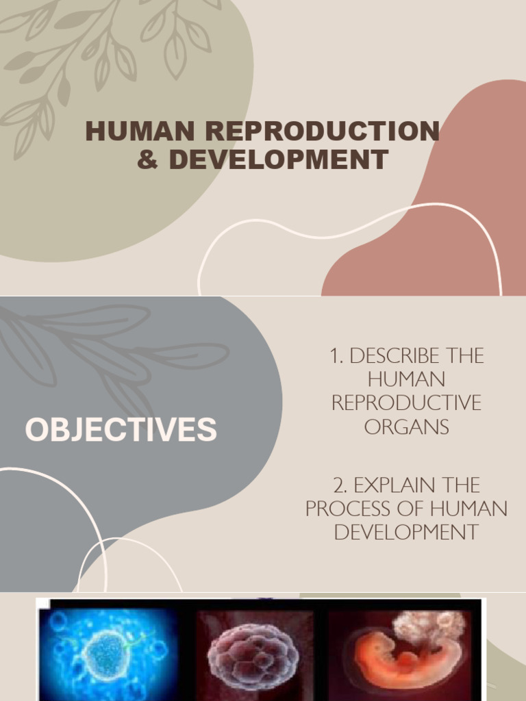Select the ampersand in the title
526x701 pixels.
point(147,160)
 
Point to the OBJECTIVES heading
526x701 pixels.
point(121,430)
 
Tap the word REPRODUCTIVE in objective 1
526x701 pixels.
point(406,403)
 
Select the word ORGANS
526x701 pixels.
point(407,426)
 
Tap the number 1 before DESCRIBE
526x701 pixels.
point(336,356)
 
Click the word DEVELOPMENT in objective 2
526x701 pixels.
point(406,532)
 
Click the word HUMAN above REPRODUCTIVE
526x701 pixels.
point(406,379)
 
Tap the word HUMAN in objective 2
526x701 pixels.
point(471,509)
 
